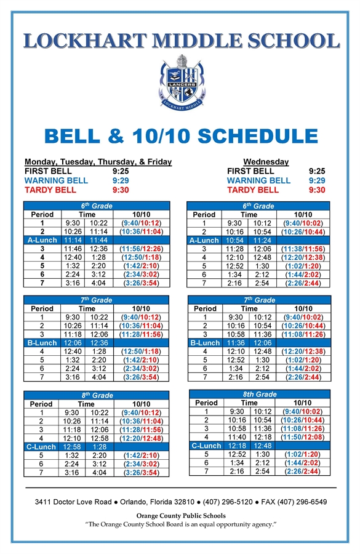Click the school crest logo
point(180,82)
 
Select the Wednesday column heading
point(266,161)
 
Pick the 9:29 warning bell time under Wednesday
point(317,180)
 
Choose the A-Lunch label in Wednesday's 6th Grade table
point(204,240)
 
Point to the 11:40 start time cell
point(236,436)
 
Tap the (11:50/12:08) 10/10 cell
point(303,436)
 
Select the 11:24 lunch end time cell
point(262,240)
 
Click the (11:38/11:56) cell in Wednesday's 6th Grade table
point(303,249)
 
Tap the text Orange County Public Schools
point(180,516)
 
